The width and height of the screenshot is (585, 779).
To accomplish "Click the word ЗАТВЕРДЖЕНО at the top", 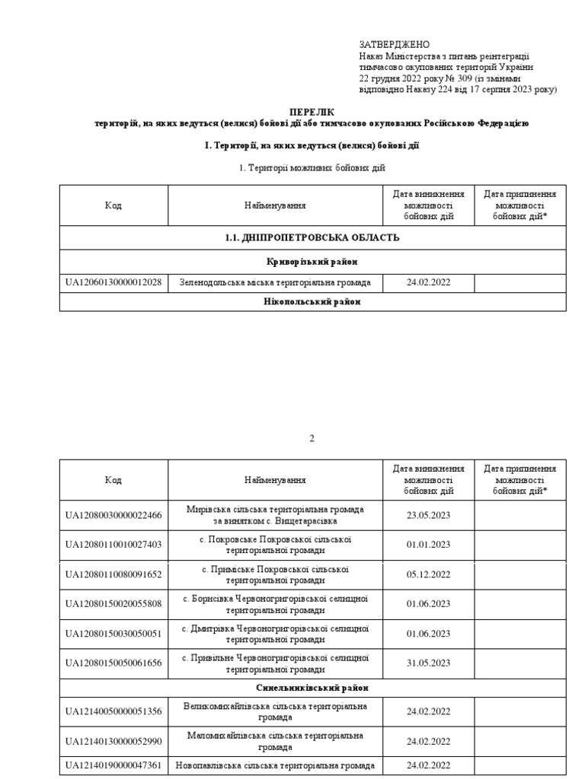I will click(394, 45).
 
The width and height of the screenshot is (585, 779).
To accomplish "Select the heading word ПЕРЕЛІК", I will click(312, 111).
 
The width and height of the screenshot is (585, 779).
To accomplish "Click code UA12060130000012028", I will click(113, 283).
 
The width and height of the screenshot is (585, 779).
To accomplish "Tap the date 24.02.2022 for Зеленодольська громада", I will click(428, 283).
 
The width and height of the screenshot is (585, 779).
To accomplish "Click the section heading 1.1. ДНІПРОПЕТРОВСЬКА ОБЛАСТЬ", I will click(312, 238).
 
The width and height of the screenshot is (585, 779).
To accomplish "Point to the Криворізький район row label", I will click(312, 262).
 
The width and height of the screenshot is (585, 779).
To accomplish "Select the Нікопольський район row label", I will click(312, 302).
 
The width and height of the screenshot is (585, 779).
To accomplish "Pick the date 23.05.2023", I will click(428, 515).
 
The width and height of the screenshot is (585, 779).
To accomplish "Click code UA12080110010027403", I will click(113, 545).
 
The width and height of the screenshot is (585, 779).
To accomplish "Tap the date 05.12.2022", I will click(428, 574).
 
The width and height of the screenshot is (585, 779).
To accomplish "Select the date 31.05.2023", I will click(428, 663).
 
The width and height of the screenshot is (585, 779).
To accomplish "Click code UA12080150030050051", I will click(113, 634).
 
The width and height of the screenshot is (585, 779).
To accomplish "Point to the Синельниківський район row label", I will click(312, 688).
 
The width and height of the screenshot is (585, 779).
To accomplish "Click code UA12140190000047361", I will click(113, 765).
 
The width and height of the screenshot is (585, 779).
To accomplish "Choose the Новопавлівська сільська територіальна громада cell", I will click(275, 765).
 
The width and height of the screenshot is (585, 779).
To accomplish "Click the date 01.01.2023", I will click(428, 545).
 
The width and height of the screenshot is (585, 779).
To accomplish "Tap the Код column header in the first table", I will click(113, 205).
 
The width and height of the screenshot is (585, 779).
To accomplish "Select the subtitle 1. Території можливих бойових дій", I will click(312, 167).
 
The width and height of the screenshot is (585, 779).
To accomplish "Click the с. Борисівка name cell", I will click(275, 604).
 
